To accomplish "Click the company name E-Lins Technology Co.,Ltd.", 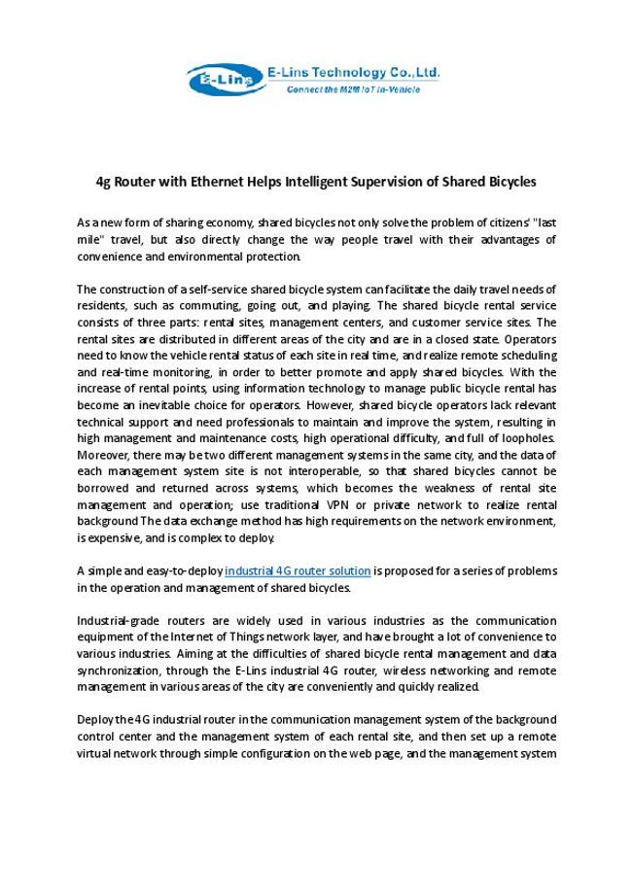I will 356,71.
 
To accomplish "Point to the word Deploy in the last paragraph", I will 94,719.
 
